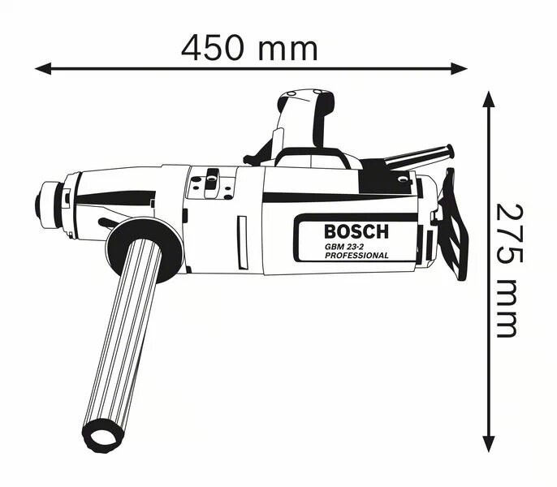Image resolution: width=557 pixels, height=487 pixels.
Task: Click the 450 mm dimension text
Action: [249, 47]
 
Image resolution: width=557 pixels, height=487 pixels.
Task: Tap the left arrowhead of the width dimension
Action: [43, 68]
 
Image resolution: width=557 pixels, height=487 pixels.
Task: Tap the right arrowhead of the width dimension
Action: [459, 68]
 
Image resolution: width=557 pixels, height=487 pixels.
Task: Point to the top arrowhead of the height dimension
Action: [489, 100]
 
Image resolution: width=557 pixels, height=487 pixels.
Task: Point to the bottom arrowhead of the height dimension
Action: [489, 444]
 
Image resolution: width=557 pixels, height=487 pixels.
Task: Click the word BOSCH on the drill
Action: [356, 231]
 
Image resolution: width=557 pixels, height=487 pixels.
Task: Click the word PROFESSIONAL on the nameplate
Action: [356, 256]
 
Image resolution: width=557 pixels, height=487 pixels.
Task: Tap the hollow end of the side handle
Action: [103, 436]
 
